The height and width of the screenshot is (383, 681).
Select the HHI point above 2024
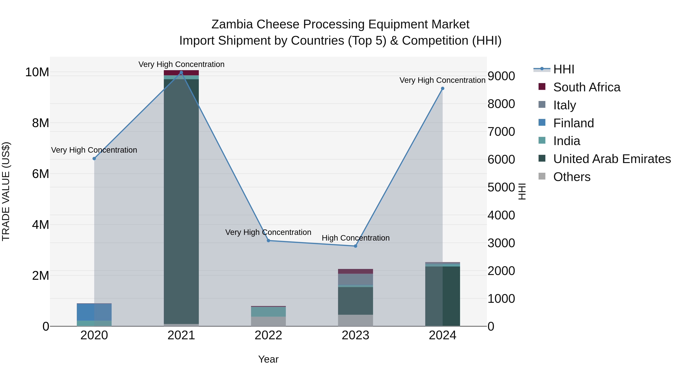click(x=442, y=89)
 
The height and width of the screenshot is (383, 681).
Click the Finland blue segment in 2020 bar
click(x=94, y=312)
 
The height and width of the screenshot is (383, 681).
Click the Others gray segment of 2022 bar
click(x=268, y=321)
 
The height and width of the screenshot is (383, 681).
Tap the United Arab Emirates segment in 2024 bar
click(x=442, y=296)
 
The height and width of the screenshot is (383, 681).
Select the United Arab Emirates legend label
click(x=612, y=159)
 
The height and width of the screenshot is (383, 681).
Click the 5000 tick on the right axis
click(x=501, y=187)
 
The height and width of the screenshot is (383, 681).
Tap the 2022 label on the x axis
click(x=268, y=335)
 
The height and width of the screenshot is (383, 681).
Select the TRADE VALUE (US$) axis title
click(x=6, y=191)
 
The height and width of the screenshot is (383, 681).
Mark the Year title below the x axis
click(x=268, y=359)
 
